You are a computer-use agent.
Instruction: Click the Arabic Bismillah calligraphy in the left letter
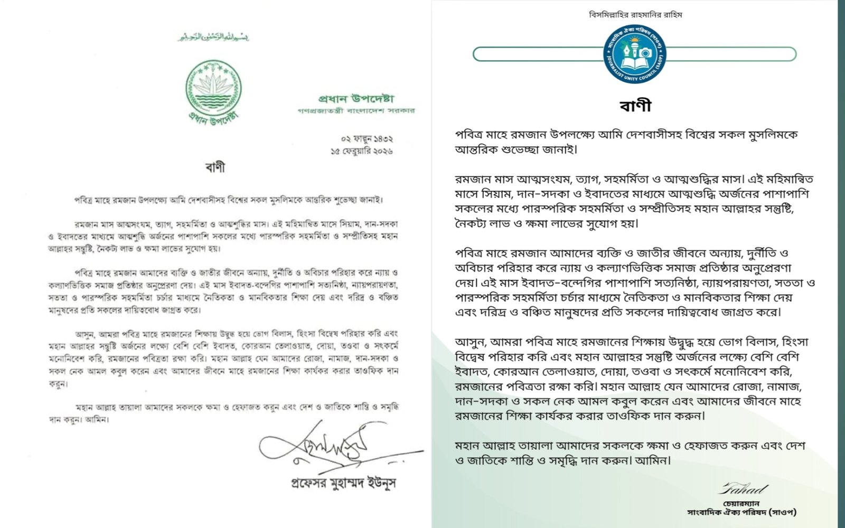click(213, 37)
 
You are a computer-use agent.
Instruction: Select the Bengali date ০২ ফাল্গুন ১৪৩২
click(367, 139)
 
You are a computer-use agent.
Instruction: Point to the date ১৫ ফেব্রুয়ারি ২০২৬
click(361, 152)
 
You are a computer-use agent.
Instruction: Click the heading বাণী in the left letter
click(215, 167)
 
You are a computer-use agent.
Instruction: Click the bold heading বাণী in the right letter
click(635, 106)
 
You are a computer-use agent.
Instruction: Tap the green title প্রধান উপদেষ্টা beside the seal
click(356, 99)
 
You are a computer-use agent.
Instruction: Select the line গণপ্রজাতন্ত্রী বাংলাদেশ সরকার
click(355, 111)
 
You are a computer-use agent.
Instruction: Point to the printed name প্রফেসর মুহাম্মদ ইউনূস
click(344, 483)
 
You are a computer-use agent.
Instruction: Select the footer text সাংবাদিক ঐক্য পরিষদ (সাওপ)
click(741, 512)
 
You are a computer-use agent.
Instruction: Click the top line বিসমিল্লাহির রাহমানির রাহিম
click(635, 15)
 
